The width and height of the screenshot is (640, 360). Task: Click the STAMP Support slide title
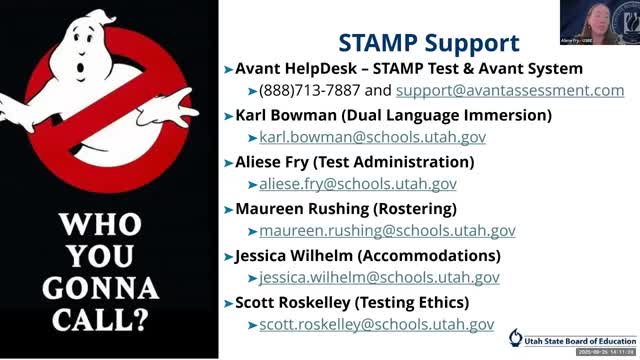click(428, 43)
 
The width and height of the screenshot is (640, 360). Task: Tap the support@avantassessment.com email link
click(510, 90)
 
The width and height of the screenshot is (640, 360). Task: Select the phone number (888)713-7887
click(312, 90)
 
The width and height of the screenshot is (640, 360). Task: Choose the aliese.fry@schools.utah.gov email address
click(357, 184)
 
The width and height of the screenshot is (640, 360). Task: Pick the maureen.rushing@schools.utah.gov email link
click(387, 231)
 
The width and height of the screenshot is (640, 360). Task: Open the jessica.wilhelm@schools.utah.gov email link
click(379, 278)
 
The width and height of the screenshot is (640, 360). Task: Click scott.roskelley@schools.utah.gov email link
click(376, 325)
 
